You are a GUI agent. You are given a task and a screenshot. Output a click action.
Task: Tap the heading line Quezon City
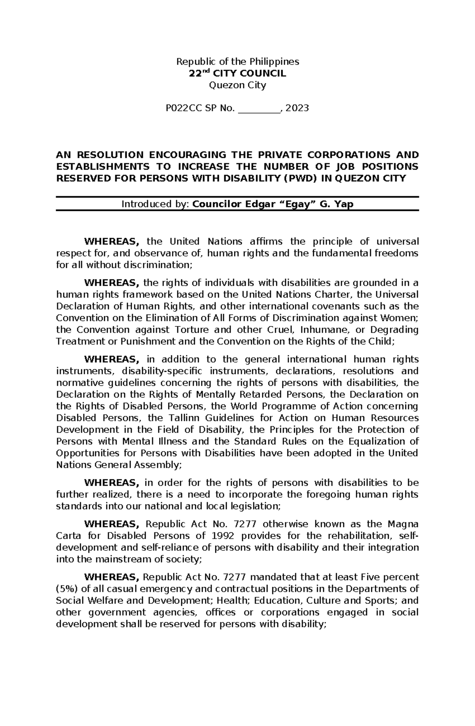[237, 85]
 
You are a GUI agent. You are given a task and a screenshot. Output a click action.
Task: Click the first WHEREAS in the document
[111, 242]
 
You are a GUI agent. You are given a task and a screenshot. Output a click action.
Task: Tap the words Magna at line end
[403, 524]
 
